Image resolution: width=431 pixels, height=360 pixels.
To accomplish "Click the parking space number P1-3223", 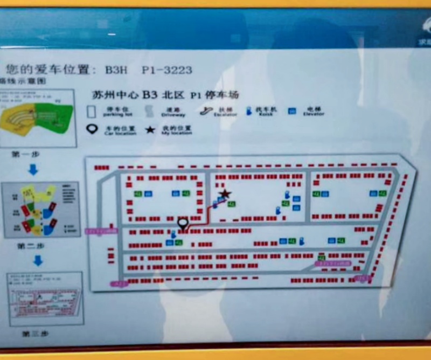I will point(166,70).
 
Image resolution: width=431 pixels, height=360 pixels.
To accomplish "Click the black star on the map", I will point(225,194).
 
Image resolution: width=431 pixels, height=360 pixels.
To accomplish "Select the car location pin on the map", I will point(183,223).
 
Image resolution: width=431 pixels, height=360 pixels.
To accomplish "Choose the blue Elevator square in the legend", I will point(292,112).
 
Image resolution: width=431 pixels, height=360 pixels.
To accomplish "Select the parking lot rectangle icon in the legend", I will point(92,112).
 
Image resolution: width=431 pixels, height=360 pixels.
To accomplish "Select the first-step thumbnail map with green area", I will point(38,118).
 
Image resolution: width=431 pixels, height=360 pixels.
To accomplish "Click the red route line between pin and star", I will point(202,220).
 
